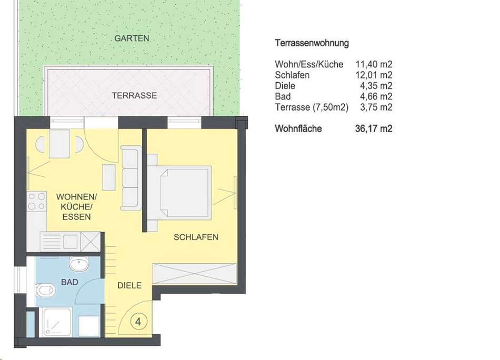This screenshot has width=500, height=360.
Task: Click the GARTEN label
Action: point(132,38)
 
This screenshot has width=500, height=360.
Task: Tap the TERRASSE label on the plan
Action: point(134,95)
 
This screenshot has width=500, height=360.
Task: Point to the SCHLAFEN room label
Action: point(196,237)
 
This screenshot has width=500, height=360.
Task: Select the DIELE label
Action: point(129,285)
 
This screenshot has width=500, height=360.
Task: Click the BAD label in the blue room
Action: point(69,282)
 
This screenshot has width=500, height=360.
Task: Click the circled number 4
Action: point(138,322)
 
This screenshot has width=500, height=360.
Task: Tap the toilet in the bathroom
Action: point(45,290)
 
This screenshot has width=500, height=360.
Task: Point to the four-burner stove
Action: point(37,202)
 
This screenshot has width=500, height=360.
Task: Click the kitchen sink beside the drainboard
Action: point(71,242)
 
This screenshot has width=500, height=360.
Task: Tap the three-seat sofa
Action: point(131,178)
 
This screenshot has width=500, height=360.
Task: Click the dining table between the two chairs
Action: point(59,144)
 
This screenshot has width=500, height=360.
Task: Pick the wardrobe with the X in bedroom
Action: point(195,274)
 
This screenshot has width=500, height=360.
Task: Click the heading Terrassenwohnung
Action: point(312,43)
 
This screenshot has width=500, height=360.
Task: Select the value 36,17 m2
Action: point(374,129)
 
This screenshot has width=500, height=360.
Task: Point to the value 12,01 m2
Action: point(374,75)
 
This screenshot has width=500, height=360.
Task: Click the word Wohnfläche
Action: point(298,129)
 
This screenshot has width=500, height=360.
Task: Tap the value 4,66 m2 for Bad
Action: point(376,96)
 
